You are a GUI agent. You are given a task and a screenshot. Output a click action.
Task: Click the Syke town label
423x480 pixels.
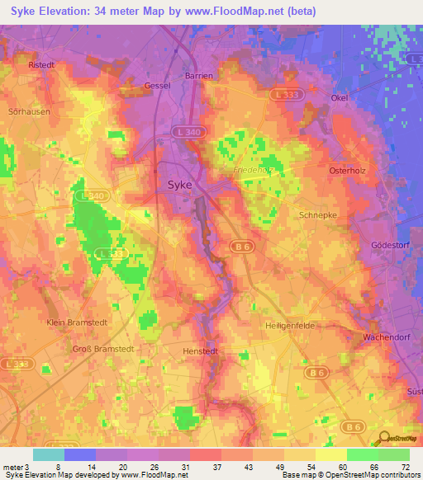click(180, 185)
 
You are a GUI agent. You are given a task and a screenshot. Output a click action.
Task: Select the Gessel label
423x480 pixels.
click(157, 85)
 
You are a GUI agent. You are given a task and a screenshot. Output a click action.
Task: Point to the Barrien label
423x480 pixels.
click(199, 75)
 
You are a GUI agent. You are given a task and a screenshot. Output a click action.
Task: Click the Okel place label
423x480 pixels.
click(338, 97)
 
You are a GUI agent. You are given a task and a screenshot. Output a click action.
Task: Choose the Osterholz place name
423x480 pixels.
click(347, 171)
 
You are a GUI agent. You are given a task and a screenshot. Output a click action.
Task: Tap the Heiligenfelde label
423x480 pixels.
click(288, 325)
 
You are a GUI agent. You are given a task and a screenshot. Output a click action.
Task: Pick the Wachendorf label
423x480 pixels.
click(387, 338)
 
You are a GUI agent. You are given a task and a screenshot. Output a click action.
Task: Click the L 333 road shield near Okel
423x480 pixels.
click(287, 96)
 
